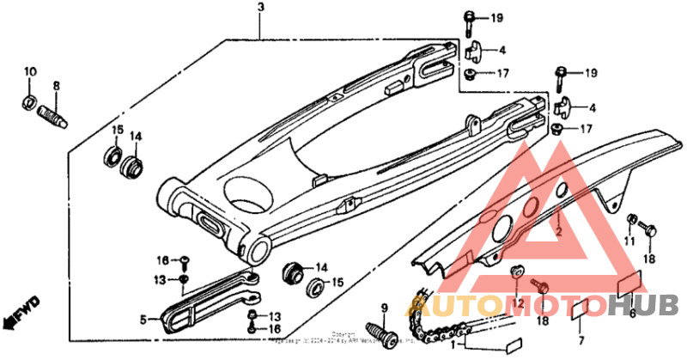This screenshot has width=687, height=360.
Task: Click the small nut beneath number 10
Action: pyautogui.click(x=28, y=105)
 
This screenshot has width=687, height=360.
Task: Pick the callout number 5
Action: pyautogui.click(x=143, y=319)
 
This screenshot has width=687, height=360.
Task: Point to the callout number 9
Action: pyautogui.click(x=385, y=308)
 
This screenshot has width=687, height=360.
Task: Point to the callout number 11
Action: pyautogui.click(x=629, y=243)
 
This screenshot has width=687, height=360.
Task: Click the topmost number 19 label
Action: pyautogui.click(x=496, y=17)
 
